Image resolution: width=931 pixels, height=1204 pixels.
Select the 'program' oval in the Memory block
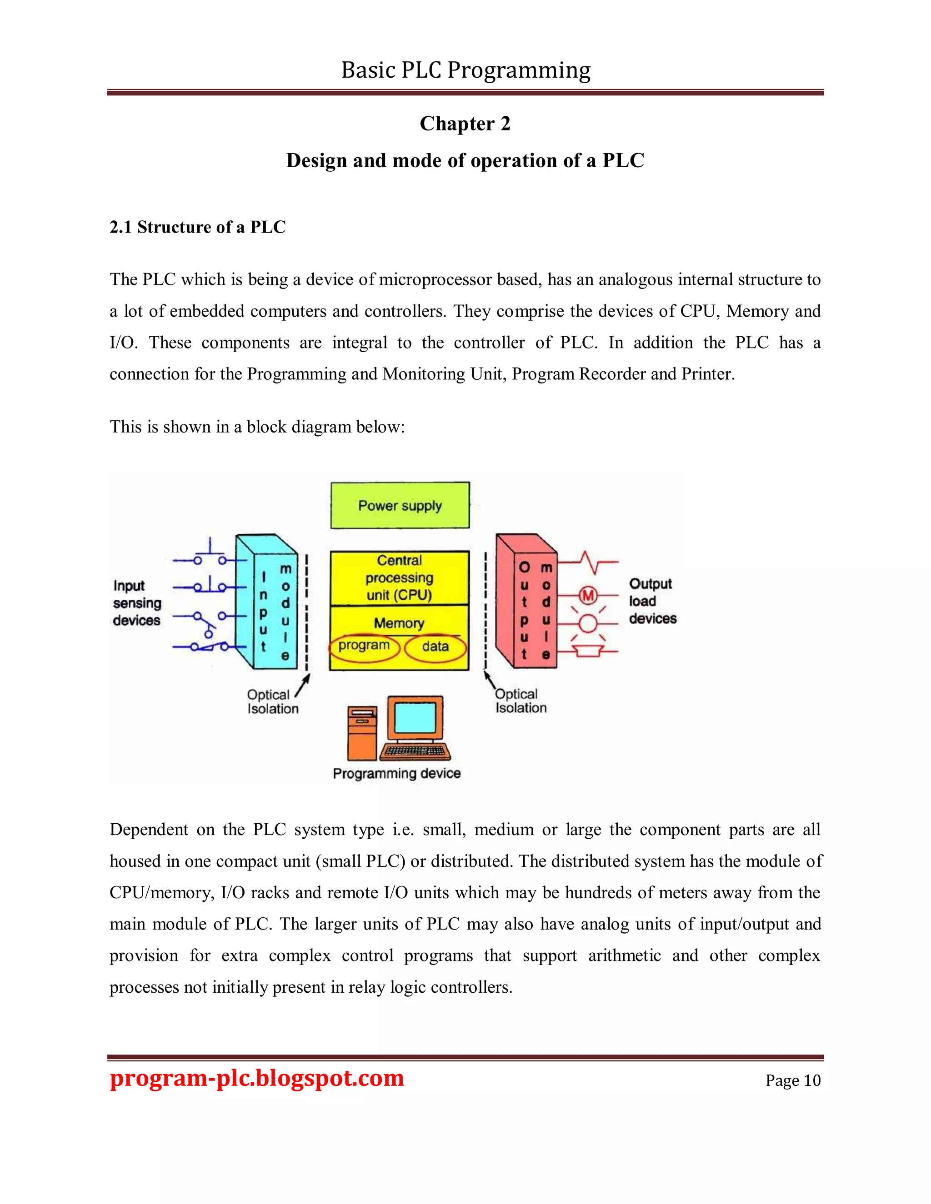364,646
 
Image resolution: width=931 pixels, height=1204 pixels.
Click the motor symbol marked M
588,595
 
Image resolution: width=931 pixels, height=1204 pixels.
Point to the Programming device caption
396,773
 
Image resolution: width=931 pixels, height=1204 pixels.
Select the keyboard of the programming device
414,751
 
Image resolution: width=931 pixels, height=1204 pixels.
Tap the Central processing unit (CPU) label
399,578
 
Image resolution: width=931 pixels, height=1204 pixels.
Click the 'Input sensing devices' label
137,603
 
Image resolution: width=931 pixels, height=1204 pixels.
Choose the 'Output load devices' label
652,602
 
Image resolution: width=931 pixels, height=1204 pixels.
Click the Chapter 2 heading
465,124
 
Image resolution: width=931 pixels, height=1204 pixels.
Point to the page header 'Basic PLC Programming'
465,70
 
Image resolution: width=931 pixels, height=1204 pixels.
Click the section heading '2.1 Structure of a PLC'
197,227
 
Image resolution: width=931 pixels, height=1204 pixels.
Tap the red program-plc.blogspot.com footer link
257,1078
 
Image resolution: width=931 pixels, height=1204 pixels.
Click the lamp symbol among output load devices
588,623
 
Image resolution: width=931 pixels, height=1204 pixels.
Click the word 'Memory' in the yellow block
399,623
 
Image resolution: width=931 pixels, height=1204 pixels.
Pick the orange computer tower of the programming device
362,733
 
